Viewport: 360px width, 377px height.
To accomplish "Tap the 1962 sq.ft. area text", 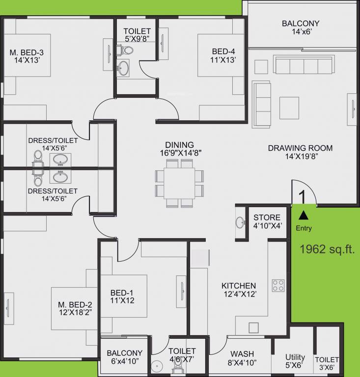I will (327, 249).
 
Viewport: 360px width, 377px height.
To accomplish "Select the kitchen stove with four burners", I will (278, 285).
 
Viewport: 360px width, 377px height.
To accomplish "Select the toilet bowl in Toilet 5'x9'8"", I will (126, 50).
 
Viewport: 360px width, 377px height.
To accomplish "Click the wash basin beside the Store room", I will (241, 222).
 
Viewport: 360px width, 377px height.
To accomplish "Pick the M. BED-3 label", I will (27, 53).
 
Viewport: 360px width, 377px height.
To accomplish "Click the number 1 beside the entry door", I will (302, 196).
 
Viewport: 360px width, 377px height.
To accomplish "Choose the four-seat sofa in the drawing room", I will (303, 65).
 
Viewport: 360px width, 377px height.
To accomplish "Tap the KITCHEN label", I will (239, 286).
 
